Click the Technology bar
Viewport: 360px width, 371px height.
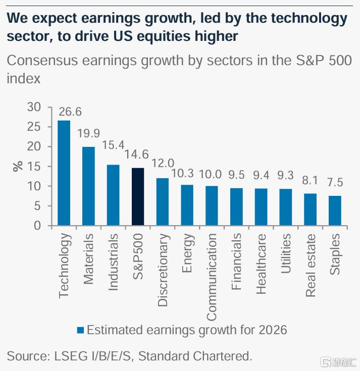click(x=64, y=173)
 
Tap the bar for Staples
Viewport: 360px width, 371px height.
click(x=335, y=210)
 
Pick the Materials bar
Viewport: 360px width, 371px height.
click(x=88, y=186)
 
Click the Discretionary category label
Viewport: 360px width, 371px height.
click(x=163, y=270)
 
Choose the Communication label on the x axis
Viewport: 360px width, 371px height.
click(x=212, y=277)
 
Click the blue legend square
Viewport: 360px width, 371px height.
click(x=80, y=331)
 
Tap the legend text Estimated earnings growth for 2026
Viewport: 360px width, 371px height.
click(x=187, y=330)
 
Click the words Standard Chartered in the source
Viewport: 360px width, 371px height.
click(x=195, y=356)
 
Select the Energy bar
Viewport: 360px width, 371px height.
click(x=187, y=205)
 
